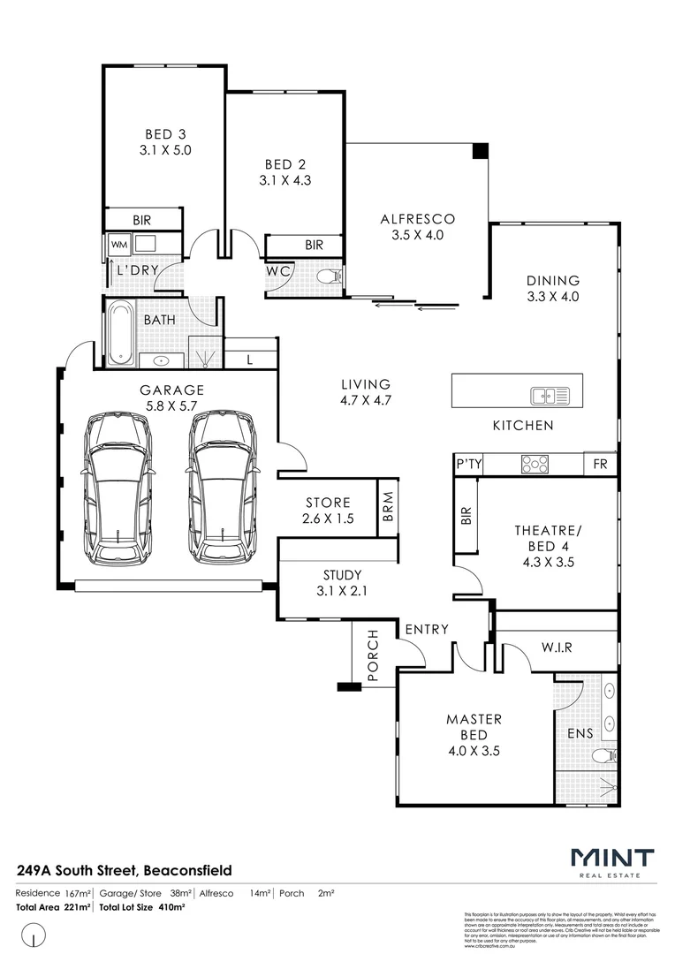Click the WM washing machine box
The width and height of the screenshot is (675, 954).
click(x=118, y=243)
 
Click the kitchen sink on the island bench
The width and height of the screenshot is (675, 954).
click(x=544, y=395)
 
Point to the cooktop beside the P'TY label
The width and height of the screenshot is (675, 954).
click(x=535, y=463)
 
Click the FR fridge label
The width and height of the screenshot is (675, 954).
click(x=601, y=464)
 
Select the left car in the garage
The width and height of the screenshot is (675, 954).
click(x=117, y=488)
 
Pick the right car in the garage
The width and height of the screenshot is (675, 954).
click(x=221, y=488)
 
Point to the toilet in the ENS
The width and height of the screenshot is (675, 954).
click(x=604, y=755)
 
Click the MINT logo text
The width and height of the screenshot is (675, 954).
click(x=612, y=858)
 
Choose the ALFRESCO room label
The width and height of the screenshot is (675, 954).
click(x=417, y=219)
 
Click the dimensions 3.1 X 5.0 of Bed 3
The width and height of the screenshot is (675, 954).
click(x=165, y=150)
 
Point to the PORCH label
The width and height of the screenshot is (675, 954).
click(x=372, y=656)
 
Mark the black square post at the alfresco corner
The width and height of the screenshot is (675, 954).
click(x=480, y=151)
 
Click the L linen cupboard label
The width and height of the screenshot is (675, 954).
click(x=250, y=359)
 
